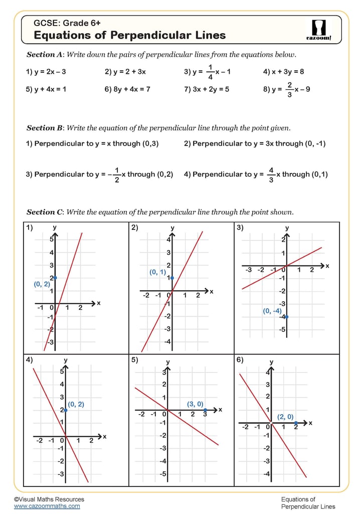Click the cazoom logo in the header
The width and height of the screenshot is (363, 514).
pyautogui.click(x=318, y=30)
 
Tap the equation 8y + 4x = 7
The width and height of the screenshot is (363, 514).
pyautogui.click(x=127, y=89)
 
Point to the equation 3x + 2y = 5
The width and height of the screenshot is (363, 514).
pyautogui.click(x=207, y=89)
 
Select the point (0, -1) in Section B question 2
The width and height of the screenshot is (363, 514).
pyautogui.click(x=315, y=144)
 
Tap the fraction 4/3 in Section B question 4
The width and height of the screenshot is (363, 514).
pyautogui.click(x=271, y=174)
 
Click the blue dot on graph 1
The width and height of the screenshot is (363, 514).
pyautogui.click(x=55, y=278)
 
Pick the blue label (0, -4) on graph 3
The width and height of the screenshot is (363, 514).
pyautogui.click(x=272, y=311)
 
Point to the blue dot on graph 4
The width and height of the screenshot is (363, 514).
pyautogui.click(x=66, y=411)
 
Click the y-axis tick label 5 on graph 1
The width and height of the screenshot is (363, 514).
pyautogui.click(x=51, y=239)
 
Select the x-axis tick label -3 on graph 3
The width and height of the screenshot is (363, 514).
pyautogui.click(x=248, y=270)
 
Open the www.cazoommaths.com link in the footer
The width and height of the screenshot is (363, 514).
pyautogui.click(x=47, y=506)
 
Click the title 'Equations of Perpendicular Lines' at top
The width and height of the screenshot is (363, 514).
pyautogui.click(x=129, y=35)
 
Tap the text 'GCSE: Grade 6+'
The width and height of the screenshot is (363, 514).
pyautogui.click(x=67, y=23)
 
